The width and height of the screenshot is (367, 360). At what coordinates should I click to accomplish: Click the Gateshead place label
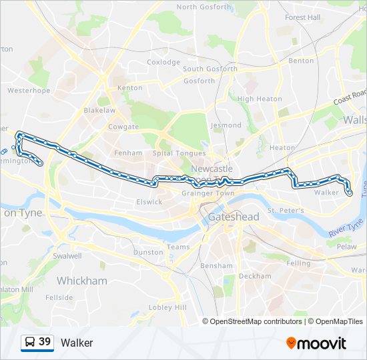click(x=233, y=217)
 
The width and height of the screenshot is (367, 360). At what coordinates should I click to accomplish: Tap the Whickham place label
click(x=81, y=281)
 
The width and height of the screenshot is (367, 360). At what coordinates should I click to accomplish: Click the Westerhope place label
click(x=29, y=89)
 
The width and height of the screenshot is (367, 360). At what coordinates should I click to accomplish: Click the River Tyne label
click(x=346, y=227)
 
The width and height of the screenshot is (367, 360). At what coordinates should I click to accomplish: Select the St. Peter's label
click(x=286, y=211)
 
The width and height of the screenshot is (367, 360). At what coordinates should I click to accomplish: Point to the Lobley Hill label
click(x=167, y=307)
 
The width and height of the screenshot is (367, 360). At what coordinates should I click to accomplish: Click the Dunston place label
click(x=148, y=252)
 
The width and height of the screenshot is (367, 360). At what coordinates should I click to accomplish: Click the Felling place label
click(x=298, y=263)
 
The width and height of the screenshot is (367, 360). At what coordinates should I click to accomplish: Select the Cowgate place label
click(x=123, y=127)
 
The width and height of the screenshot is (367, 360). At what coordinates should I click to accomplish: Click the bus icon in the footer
click(x=29, y=343)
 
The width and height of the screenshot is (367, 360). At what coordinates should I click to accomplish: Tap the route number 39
click(x=45, y=342)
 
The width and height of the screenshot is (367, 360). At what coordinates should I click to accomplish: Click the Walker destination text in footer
click(x=77, y=343)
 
